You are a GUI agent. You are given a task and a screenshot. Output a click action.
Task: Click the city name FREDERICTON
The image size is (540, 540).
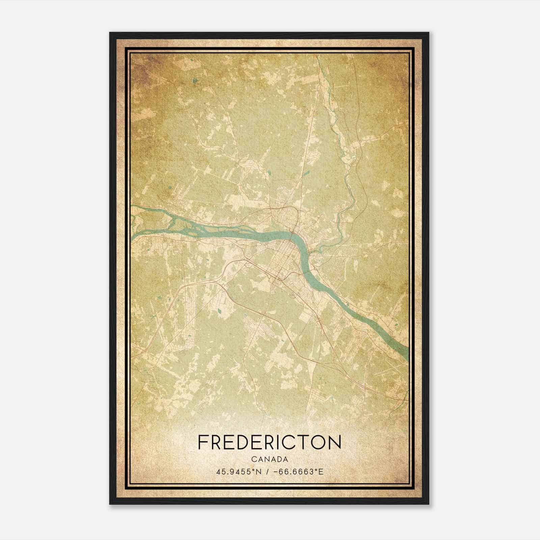(269, 442)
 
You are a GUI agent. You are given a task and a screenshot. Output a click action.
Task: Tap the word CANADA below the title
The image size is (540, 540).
(269, 459)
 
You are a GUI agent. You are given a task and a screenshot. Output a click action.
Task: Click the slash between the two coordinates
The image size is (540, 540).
(267, 471)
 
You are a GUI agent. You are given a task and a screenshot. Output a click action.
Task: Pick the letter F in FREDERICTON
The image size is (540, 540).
(202, 442)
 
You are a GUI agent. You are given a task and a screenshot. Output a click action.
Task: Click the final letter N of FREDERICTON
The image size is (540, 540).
(335, 442)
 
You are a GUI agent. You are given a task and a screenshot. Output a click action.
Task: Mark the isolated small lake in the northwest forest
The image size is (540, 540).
(195, 81)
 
